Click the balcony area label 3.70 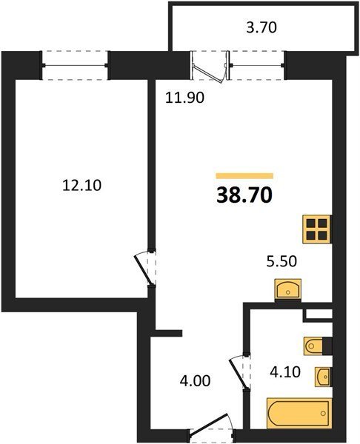point(261,28)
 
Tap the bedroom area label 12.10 point(81,186)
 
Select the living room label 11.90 point(184,98)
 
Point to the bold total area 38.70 point(244,195)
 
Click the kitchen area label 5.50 point(281,261)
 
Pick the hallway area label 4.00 point(195,381)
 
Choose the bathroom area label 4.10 point(285,372)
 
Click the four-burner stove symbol point(317,229)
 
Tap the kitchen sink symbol point(287,289)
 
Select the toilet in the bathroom point(318,346)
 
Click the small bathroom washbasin point(324,377)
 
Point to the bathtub point(299,413)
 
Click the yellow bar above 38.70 point(244,176)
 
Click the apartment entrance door point(210,425)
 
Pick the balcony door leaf point(208,73)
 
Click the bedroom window point(75,65)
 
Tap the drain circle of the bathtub point(323,414)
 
